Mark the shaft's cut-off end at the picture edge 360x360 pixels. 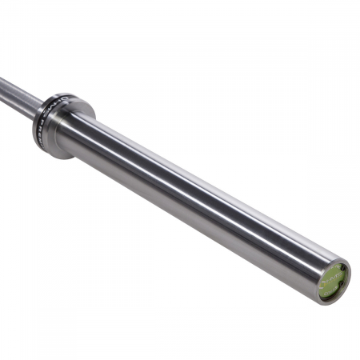coord(2,82)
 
